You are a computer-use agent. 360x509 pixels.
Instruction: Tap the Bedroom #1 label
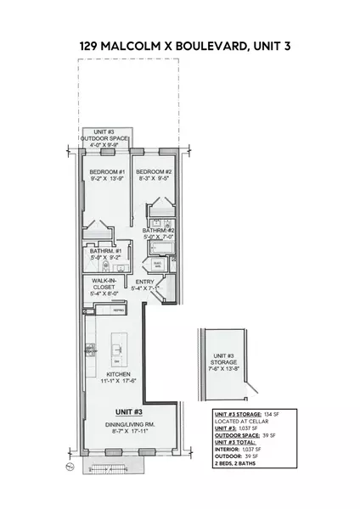coord(107,171)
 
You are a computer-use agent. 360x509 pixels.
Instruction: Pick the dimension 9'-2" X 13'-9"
coord(107,179)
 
